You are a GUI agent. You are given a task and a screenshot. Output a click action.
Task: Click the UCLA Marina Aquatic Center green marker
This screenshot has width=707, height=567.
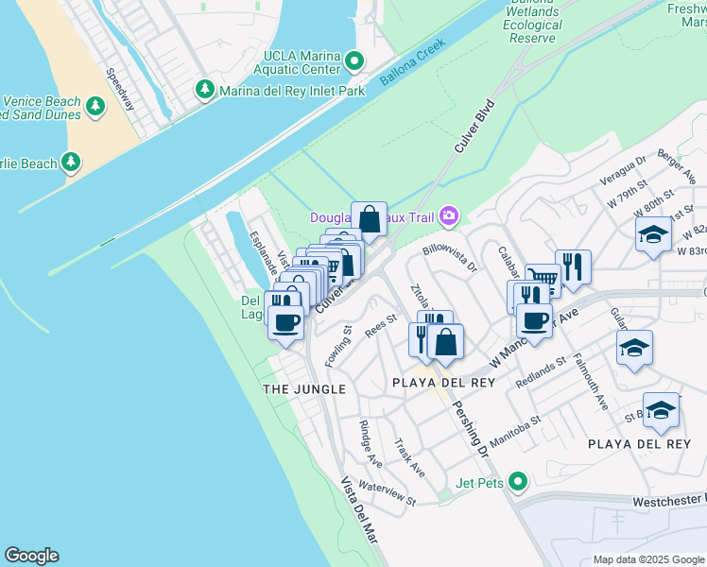click(355, 63)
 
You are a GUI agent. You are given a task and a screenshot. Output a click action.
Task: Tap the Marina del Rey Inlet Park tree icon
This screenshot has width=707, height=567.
click(204, 91)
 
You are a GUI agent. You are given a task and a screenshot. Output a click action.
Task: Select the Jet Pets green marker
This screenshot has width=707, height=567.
click(516, 483)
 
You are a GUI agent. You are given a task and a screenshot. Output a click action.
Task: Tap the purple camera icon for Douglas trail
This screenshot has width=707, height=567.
click(448, 217)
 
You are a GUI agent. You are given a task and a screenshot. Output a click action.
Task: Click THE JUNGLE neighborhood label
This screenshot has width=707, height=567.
click(304, 388)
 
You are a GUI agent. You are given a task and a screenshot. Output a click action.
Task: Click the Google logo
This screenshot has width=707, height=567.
click(31, 556)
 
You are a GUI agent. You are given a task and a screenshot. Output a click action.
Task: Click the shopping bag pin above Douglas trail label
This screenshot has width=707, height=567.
click(369, 219)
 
